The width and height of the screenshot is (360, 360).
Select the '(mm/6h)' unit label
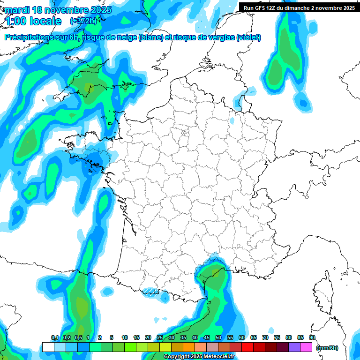[x=327, y=348]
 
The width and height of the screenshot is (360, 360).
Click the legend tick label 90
[x=312, y=337]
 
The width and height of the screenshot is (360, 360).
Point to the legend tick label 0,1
[x=55, y=337]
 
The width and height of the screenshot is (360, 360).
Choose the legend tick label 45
[x=207, y=337]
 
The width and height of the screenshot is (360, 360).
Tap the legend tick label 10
[x=125, y=337]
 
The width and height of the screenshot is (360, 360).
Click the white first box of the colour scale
[x=48, y=347]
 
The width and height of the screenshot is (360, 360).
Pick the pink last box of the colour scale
[x=306, y=347]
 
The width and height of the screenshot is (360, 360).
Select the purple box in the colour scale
[x=294, y=347]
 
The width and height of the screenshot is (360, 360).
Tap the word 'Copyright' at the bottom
[x=177, y=357]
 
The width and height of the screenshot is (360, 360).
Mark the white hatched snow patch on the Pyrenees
[x=151, y=292]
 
